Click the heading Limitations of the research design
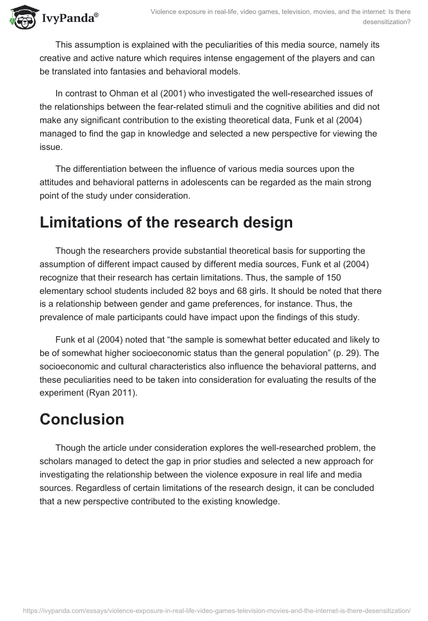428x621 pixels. pos(166,222)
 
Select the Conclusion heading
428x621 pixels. pos(82,419)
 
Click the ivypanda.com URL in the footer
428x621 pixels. pos(214,610)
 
